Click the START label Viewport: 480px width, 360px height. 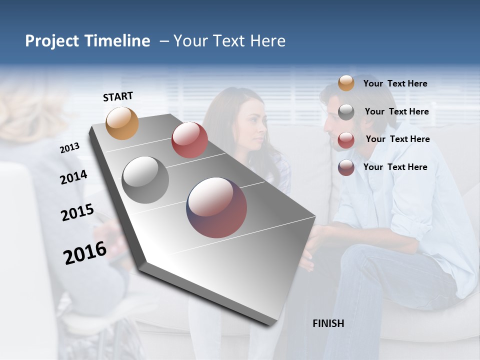[x=118, y=96]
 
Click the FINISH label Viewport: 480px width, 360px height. [x=328, y=323]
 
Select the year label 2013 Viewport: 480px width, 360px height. [x=69, y=148]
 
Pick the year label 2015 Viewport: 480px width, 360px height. [x=77, y=212]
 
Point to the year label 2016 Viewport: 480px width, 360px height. [x=85, y=253]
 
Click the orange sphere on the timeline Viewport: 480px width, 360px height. [x=122, y=123]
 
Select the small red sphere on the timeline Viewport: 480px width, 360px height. [x=189, y=140]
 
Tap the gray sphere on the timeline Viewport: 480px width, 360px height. [x=145, y=180]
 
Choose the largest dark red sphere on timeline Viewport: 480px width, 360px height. [x=216, y=207]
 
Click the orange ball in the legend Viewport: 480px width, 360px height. [x=346, y=83]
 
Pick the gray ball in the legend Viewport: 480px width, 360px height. [x=346, y=112]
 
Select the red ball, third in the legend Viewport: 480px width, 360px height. [x=346, y=140]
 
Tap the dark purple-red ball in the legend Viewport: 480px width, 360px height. [x=346, y=167]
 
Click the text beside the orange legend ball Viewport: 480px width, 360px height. [x=395, y=83]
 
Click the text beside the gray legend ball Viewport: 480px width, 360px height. [x=396, y=111]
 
